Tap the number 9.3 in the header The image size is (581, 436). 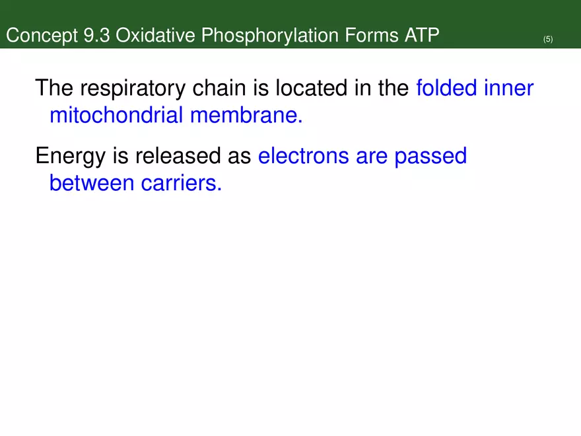98,36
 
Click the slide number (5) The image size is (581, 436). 548,40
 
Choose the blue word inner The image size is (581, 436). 510,88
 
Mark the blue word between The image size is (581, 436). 92,184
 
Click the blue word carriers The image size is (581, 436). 181,184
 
